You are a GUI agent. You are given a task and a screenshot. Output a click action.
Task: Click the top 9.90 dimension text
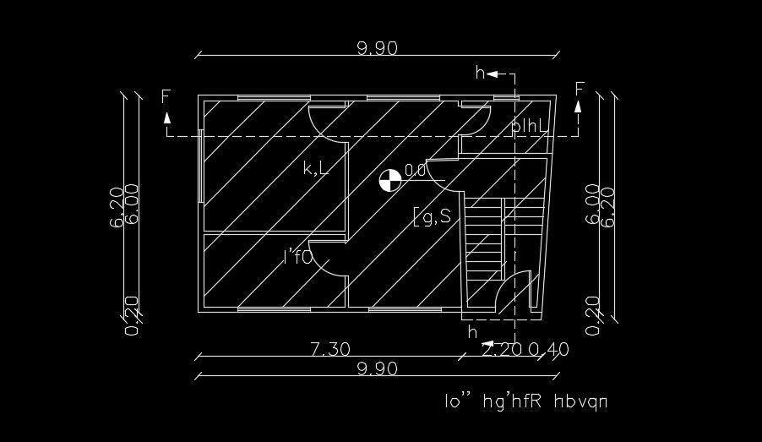pos(377,48)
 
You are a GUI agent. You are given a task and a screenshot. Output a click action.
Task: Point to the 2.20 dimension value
pos(502,349)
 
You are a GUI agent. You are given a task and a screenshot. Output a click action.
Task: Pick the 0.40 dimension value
pos(549,349)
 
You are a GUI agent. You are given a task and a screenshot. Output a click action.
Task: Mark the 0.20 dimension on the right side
pos(592,314)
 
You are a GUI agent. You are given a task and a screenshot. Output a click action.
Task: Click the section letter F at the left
pos(166,95)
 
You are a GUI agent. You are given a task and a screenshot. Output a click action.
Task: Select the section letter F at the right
pos(580,89)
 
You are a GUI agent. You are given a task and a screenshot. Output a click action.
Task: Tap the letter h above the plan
pos(480,74)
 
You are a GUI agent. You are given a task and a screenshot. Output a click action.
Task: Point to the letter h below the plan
pos(472,332)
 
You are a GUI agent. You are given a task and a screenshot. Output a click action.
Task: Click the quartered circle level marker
pos(389,180)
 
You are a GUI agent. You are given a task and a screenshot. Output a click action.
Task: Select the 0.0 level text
pos(415,171)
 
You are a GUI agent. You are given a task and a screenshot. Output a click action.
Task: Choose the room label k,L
pos(315,168)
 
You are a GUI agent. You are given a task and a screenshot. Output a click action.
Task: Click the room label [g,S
pos(432,217)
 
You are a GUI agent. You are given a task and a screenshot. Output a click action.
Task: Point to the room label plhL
pos(531,126)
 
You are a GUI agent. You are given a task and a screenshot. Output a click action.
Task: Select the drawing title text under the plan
pos(526,401)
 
